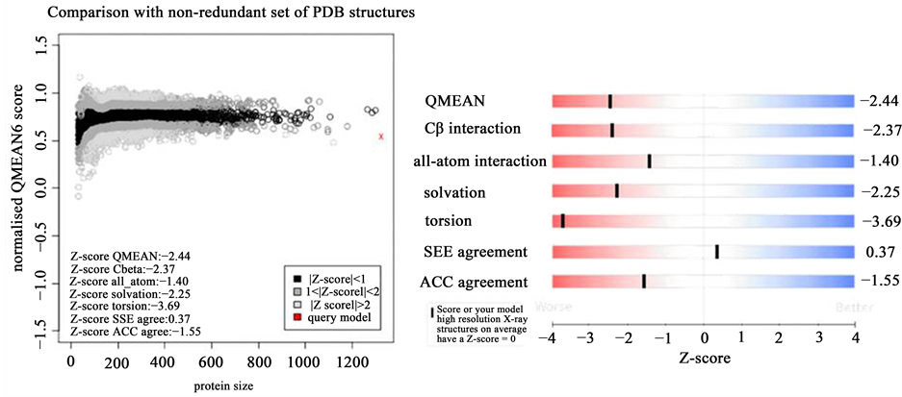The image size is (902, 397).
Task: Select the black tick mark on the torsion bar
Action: pyautogui.click(x=563, y=221)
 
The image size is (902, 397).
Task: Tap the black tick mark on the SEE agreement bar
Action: pyautogui.click(x=717, y=252)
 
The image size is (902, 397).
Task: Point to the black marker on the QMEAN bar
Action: pyautogui.click(x=610, y=101)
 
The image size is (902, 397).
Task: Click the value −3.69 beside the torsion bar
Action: pyautogui.click(x=878, y=221)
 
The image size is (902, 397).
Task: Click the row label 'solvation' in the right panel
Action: pyautogui.click(x=455, y=192)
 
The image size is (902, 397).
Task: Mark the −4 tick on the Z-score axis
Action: pyautogui.click(x=549, y=338)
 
